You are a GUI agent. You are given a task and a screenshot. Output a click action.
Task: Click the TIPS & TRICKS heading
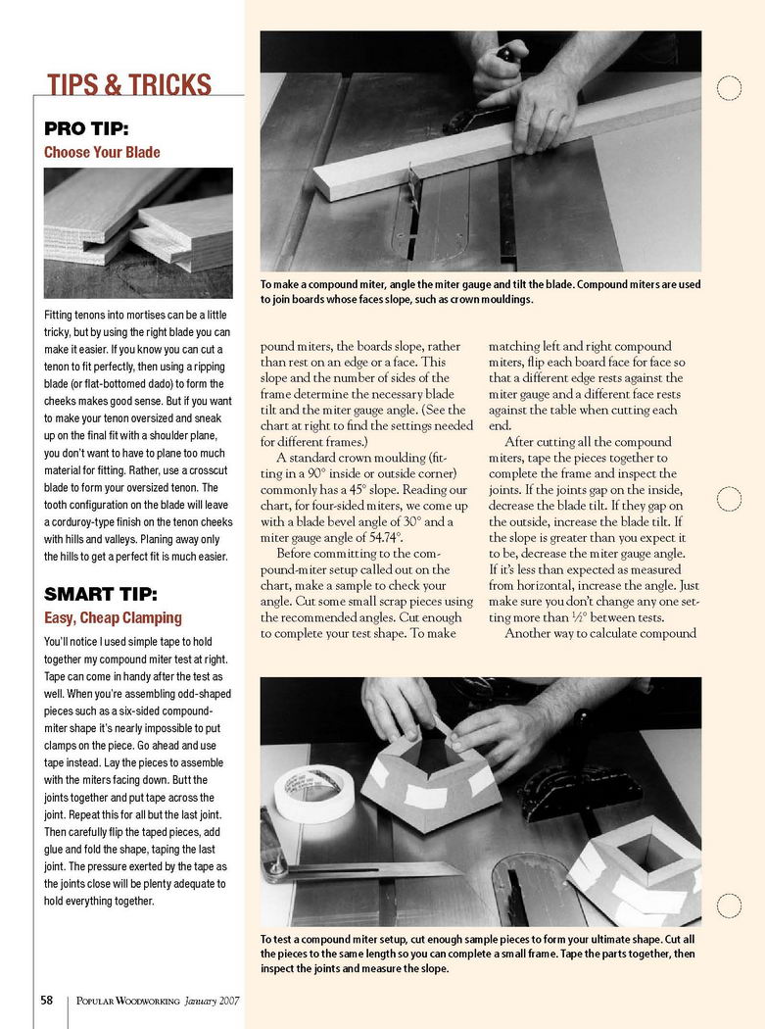point(129,84)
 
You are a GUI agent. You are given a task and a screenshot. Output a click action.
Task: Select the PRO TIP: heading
point(86,128)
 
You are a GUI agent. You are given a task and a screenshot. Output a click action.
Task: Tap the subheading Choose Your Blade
point(102,153)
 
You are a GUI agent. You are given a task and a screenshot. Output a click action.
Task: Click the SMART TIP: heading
point(101,594)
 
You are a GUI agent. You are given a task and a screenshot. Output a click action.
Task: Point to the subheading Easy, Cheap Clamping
point(113,618)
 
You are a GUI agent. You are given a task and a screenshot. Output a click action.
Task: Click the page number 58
point(46,1001)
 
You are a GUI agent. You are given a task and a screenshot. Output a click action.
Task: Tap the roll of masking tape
point(306,792)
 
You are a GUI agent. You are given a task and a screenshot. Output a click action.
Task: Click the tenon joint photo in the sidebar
point(138,232)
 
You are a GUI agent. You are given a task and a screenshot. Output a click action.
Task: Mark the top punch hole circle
point(729,88)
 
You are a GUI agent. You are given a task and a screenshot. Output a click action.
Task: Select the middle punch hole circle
point(729,499)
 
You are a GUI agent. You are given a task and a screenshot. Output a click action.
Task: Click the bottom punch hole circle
point(729,906)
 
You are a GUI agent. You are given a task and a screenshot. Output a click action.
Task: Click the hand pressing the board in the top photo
point(534,108)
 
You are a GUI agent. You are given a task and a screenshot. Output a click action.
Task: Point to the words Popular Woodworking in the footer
point(128,1002)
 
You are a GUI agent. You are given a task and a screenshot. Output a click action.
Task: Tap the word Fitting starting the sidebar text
point(62,316)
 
